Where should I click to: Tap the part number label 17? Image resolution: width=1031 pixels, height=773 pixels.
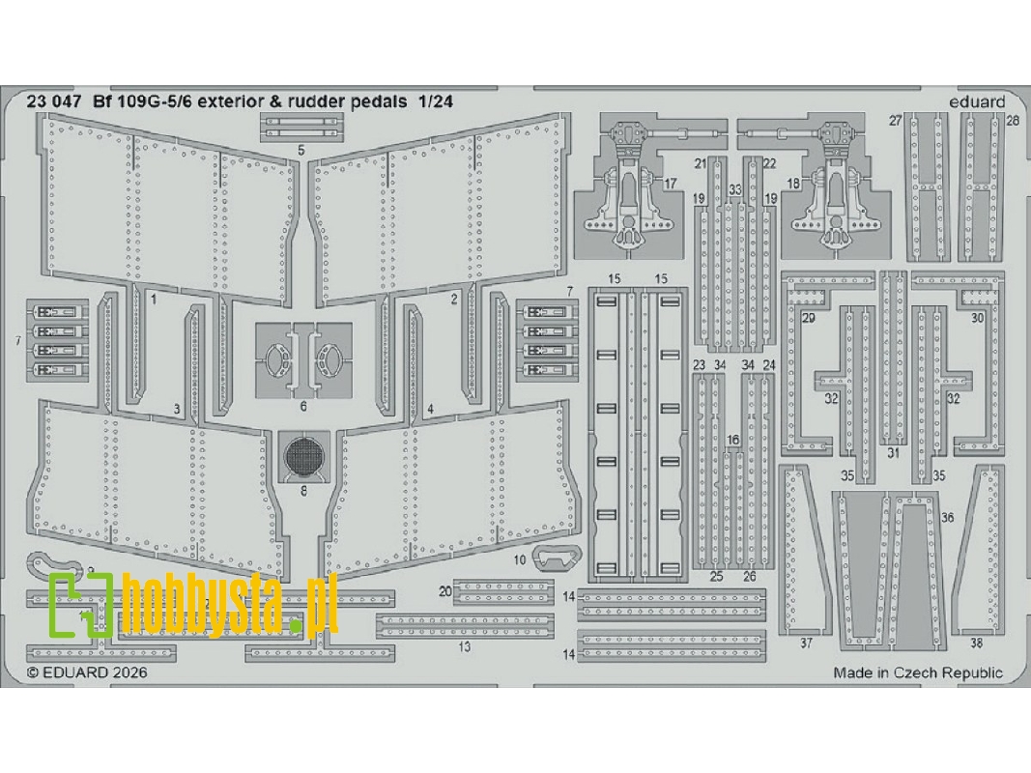click(670, 184)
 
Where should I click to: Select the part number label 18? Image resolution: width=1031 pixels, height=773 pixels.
click(793, 184)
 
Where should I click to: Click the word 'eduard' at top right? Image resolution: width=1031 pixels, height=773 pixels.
click(977, 101)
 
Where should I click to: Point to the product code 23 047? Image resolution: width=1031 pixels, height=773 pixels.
click(54, 101)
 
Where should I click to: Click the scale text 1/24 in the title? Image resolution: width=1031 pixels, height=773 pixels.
click(433, 101)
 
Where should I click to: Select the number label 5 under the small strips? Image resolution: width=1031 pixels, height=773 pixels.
click(301, 151)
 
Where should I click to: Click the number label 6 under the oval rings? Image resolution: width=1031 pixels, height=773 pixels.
click(303, 406)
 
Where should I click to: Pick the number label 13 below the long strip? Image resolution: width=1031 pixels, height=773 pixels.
click(464, 646)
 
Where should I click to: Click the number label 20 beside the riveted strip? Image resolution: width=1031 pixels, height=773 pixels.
click(445, 591)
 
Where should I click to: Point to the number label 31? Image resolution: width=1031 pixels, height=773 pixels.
click(892, 453)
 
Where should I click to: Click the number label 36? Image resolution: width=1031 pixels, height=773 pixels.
click(947, 517)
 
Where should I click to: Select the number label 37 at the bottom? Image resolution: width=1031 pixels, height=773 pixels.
click(806, 644)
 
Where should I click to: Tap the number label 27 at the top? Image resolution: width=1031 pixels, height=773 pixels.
click(895, 121)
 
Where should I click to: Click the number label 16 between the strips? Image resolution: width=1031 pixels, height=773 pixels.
click(733, 440)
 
